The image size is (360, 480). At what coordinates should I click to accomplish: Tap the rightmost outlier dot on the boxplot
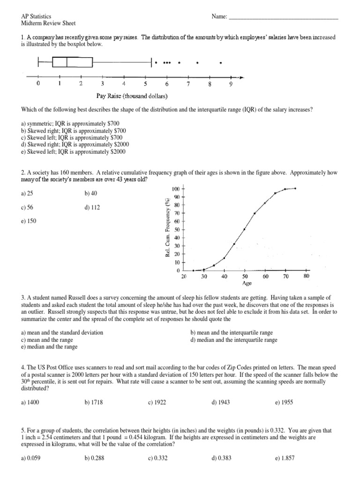pyautogui.click(x=221, y=62)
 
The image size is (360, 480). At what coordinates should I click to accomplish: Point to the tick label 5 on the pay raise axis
pyautogui.click(x=145, y=84)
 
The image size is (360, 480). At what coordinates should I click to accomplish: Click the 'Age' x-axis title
pyautogui.click(x=247, y=283)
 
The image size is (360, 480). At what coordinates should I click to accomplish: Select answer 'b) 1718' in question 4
pyautogui.click(x=94, y=402)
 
